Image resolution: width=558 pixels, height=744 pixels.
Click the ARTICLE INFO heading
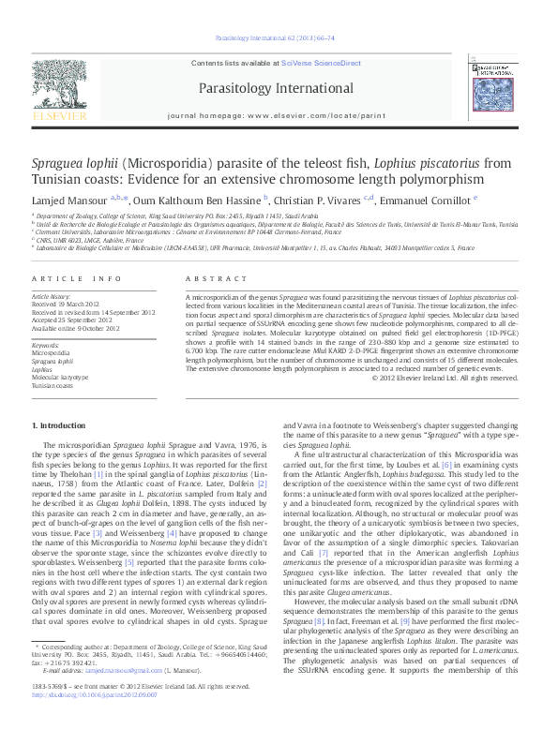tap(77, 279)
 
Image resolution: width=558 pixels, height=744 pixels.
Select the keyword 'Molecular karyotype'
tap(60, 377)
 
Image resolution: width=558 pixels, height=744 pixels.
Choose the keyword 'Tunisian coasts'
tap(54, 385)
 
